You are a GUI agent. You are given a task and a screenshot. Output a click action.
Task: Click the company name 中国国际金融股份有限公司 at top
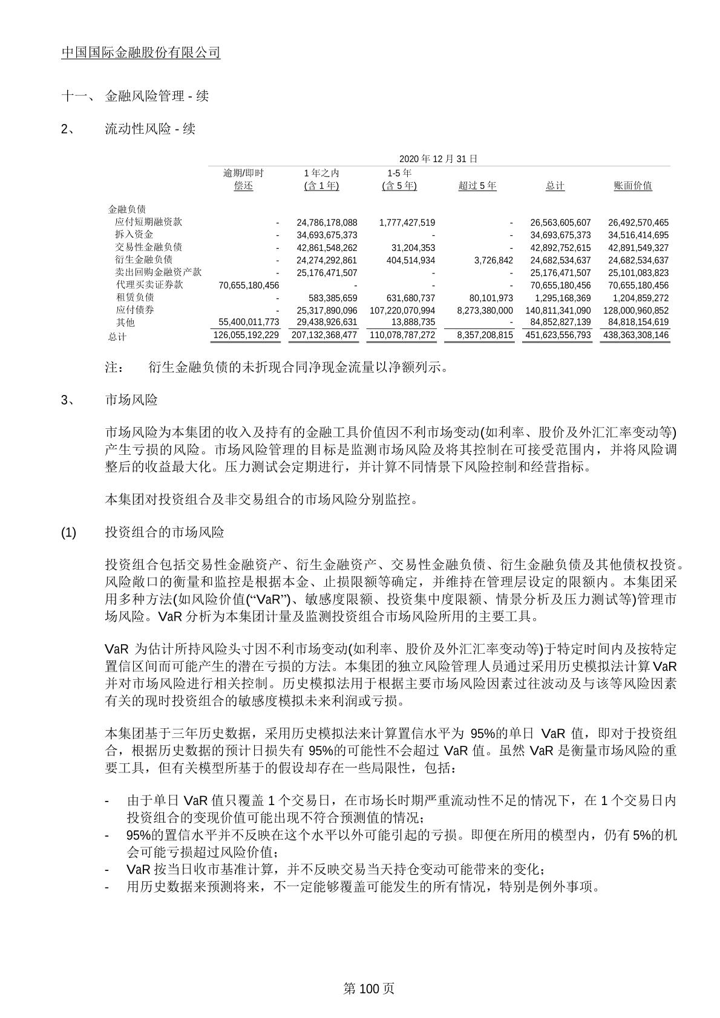click(x=141, y=53)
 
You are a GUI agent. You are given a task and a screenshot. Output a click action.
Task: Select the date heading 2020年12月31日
click(x=438, y=159)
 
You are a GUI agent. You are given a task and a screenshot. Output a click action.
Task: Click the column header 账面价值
click(x=633, y=186)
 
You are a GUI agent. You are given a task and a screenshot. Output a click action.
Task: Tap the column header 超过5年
click(x=477, y=186)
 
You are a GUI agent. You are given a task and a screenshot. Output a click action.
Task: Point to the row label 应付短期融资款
click(x=148, y=222)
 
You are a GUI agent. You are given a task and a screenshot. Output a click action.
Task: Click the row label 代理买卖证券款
click(x=149, y=285)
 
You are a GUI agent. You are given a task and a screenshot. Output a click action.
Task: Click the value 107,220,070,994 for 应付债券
click(x=402, y=311)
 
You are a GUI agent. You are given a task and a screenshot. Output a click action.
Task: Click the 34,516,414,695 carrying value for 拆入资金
click(x=638, y=235)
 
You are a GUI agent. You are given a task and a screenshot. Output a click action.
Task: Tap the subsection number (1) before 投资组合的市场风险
click(x=69, y=533)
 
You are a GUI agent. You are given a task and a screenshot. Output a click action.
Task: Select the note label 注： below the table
click(x=114, y=367)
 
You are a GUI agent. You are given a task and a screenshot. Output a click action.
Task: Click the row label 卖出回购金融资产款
click(x=158, y=273)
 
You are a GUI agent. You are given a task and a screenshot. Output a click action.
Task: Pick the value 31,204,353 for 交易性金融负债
click(x=408, y=248)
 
